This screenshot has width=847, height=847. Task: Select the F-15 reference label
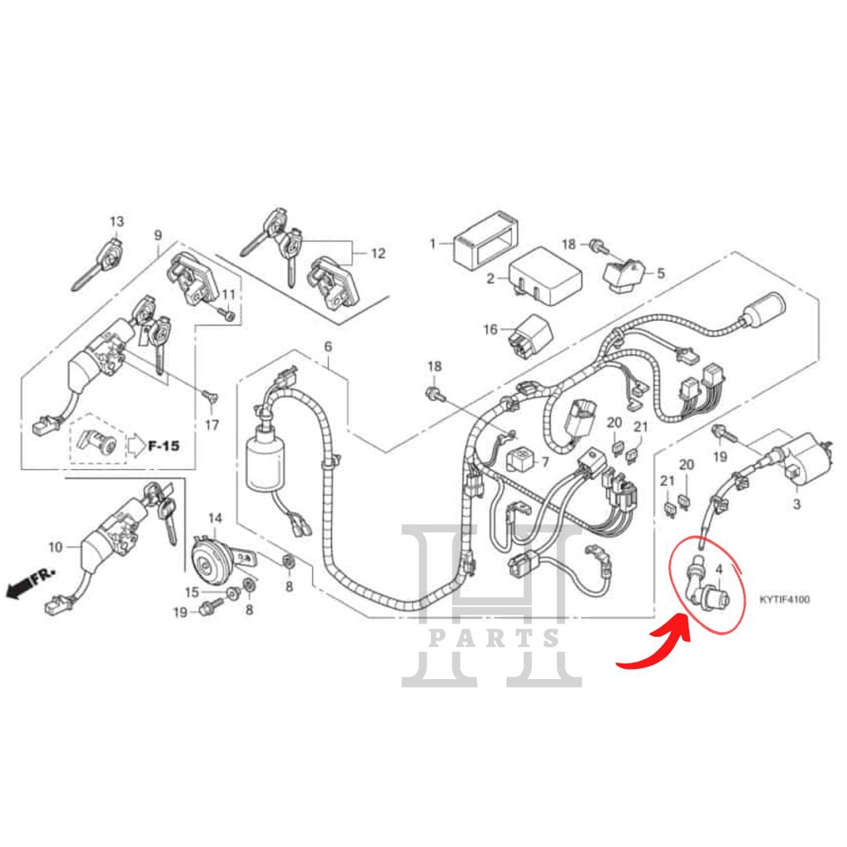165,446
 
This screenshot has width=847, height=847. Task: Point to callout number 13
117,222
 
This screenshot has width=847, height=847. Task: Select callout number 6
327,345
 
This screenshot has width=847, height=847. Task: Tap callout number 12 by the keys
378,254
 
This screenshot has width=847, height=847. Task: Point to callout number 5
660,272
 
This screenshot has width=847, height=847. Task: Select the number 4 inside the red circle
718,570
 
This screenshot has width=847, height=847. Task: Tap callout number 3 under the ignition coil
797,503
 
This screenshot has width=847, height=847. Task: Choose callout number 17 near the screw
212,425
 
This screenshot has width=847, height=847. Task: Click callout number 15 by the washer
191,591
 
